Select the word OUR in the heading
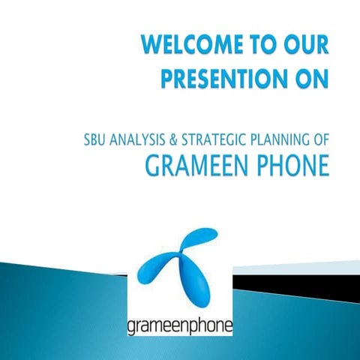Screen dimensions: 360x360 point(304,46)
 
